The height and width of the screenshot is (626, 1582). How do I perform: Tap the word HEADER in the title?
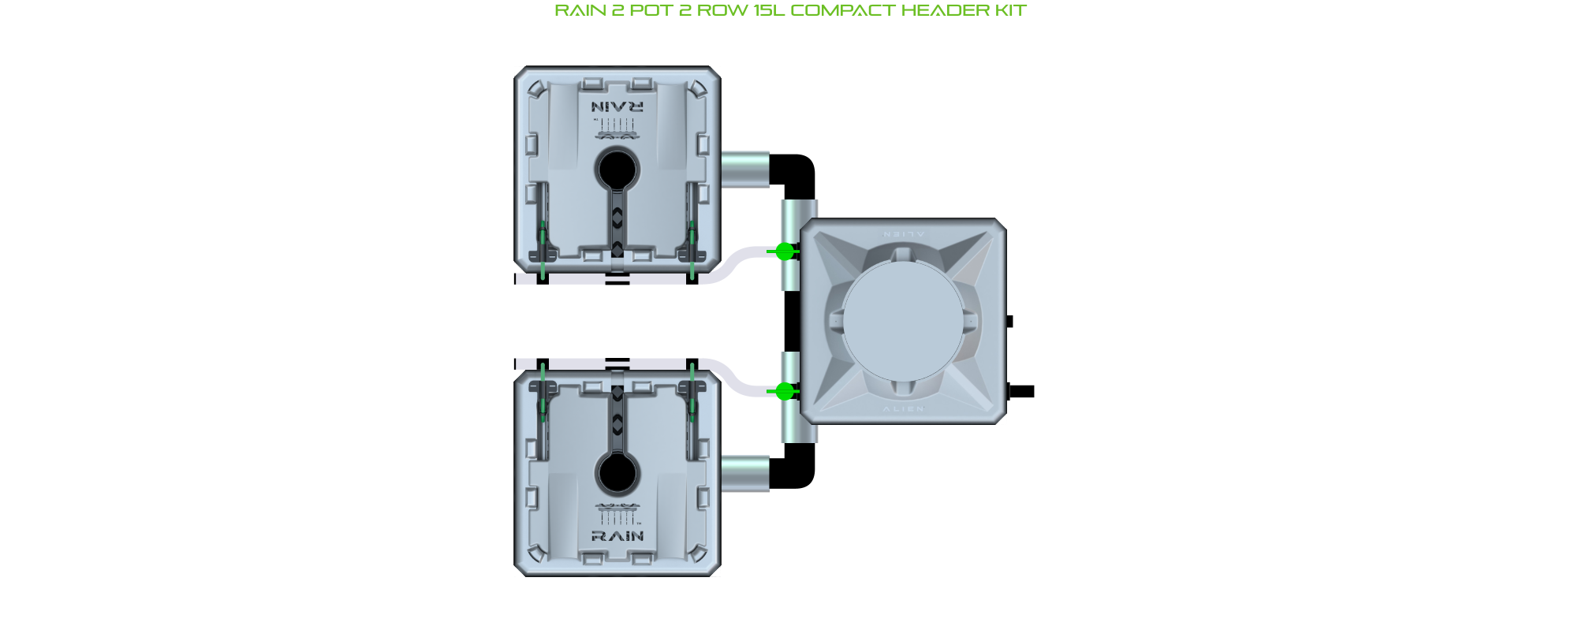tap(941, 10)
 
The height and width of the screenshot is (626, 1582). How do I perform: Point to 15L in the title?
tap(768, 10)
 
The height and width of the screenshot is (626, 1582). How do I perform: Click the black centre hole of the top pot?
tap(618, 169)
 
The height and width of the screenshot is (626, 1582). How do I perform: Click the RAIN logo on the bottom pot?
tap(618, 536)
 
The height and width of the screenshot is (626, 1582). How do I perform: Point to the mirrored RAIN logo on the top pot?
tap(618, 106)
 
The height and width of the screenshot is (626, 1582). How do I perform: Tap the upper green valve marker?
tap(784, 252)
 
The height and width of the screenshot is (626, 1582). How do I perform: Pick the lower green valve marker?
tap(784, 390)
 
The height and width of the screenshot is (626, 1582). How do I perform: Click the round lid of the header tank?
tap(903, 321)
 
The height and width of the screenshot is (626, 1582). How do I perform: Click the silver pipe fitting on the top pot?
tap(744, 170)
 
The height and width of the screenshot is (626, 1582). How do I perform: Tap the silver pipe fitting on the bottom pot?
tap(744, 473)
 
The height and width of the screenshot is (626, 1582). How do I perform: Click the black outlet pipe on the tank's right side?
tap(1022, 391)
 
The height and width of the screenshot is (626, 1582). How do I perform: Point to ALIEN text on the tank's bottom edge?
tap(903, 408)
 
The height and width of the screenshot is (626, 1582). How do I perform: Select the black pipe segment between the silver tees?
tap(792, 321)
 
